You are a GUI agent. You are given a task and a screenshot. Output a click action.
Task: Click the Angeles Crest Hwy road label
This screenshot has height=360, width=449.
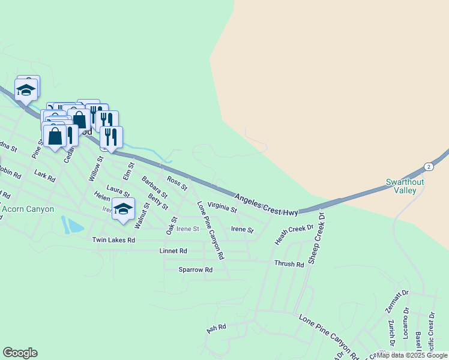point(266,205)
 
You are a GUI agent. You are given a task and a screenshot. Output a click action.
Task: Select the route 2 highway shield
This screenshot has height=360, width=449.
point(428,166)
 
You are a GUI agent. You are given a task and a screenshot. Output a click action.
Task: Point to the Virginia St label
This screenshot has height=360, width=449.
point(222,208)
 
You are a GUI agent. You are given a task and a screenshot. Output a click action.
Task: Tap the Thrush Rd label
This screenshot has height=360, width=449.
point(289,264)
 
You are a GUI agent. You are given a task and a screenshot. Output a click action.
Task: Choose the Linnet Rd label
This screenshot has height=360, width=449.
point(173,251)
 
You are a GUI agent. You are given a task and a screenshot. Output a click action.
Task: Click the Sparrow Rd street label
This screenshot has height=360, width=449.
point(196,270)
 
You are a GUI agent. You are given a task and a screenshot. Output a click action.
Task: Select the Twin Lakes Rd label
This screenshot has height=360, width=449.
point(113,240)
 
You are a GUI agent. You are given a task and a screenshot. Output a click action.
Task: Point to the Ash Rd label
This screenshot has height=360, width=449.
point(216,329)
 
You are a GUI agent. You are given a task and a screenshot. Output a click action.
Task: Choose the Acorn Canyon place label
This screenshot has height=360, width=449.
point(28,209)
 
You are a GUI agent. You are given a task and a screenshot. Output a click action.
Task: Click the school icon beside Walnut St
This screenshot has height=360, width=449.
point(123,209)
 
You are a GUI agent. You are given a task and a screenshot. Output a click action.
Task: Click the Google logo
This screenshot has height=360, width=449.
point(20,353)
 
